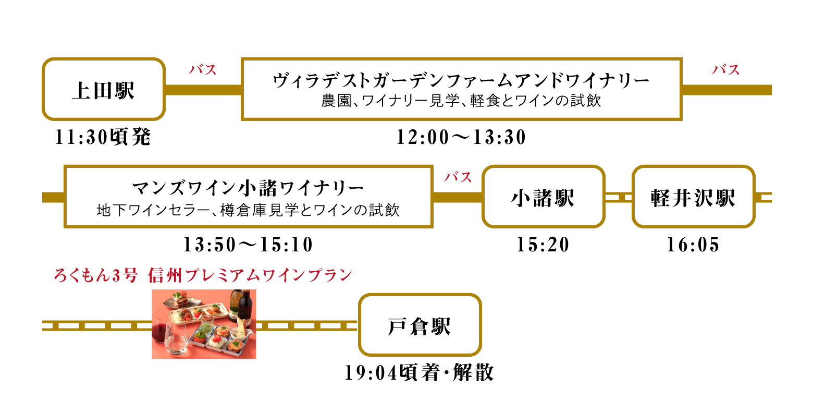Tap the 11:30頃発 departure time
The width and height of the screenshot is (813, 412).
(103, 137)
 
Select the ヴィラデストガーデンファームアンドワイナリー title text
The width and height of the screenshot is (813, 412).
(461, 80)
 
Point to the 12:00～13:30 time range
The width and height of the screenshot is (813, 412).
(461, 137)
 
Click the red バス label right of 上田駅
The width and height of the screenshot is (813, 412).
(203, 69)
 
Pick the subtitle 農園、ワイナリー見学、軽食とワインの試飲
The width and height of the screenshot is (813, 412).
(461, 101)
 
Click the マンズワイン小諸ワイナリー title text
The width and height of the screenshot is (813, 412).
(248, 188)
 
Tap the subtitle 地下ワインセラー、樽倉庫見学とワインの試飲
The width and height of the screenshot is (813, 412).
(248, 210)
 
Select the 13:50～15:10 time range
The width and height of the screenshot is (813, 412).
(248, 245)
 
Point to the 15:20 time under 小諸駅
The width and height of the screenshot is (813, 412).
(544, 245)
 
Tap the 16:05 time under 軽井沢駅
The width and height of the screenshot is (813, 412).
(693, 245)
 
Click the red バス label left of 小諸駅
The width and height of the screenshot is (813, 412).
(458, 177)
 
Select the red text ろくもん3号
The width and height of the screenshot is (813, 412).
(96, 275)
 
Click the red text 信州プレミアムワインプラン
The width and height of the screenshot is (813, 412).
(250, 275)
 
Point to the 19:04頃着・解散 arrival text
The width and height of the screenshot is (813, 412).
(419, 373)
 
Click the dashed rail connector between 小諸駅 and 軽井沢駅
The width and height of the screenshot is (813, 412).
(619, 197)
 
